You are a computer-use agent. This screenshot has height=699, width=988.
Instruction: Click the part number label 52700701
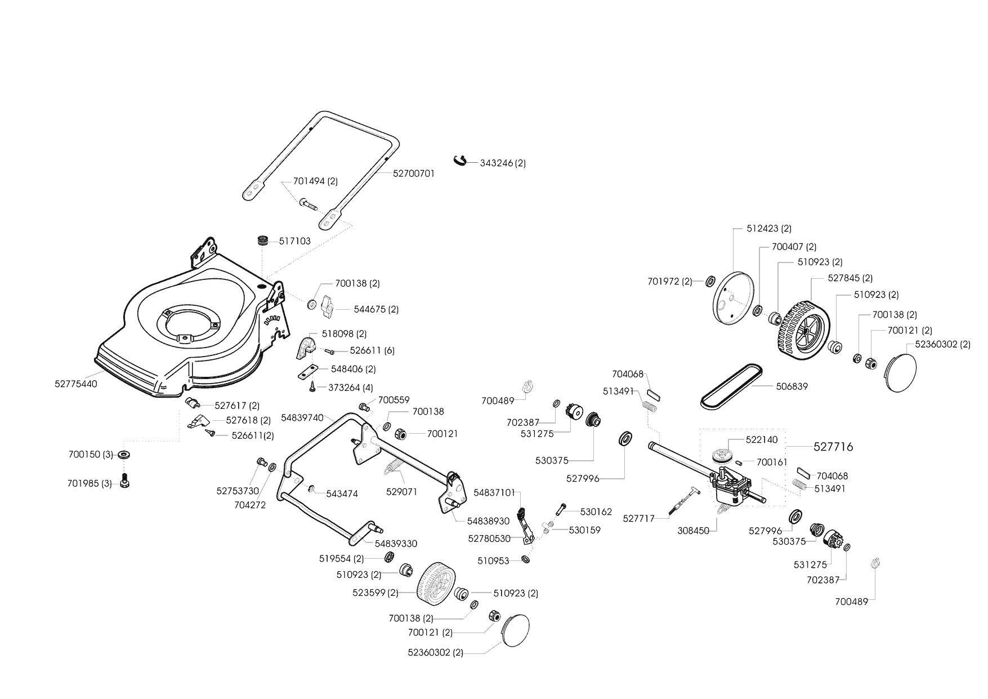[413, 174]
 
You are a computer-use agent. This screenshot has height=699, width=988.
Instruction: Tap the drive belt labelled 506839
[732, 386]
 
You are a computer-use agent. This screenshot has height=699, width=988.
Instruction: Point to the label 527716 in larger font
[833, 447]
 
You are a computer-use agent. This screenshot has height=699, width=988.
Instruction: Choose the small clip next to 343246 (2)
[460, 161]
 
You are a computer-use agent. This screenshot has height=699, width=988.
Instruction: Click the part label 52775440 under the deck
[76, 384]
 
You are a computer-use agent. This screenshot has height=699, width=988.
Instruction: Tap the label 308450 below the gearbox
[693, 531]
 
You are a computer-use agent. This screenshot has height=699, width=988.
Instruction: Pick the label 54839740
[302, 418]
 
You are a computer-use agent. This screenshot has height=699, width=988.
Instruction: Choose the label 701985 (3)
[90, 483]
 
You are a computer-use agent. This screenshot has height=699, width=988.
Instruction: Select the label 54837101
[494, 493]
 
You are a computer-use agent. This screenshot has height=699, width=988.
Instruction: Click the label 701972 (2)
[670, 282]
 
